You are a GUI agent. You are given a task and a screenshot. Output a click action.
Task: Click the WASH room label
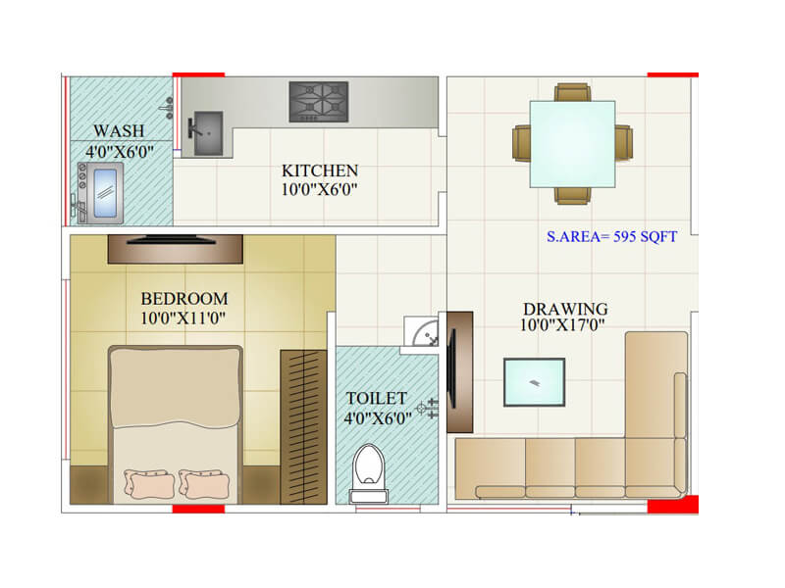tap(119, 130)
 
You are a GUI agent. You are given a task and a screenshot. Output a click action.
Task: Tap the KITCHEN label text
tap(320, 171)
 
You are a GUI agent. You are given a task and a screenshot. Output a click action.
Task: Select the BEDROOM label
tap(184, 298)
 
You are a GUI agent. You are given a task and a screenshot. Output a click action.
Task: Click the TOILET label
tap(376, 399)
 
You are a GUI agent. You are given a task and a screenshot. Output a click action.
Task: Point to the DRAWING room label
tap(565, 310)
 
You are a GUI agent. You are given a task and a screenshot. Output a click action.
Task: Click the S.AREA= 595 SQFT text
tap(612, 237)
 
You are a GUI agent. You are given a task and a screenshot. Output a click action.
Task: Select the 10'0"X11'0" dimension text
tap(184, 317)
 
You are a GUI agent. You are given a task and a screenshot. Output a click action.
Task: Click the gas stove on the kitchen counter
tap(318, 102)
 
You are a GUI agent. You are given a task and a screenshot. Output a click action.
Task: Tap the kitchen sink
tap(207, 132)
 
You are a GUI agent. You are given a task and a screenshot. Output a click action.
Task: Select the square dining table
tap(573, 144)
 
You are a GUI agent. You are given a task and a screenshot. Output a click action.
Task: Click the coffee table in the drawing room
tap(534, 382)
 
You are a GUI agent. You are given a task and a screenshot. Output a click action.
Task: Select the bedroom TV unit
tap(175, 249)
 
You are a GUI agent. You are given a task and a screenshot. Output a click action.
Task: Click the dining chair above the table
tap(572, 93)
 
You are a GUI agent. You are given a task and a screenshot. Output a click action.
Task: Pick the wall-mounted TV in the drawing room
tap(453, 371)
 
